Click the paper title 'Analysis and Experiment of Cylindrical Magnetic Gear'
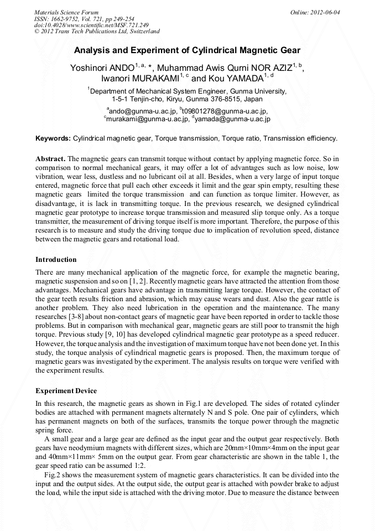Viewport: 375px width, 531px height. point(187,50)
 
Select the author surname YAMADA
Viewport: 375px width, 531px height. point(243,79)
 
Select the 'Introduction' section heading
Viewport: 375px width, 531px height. point(56,259)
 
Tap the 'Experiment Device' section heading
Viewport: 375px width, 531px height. point(66,391)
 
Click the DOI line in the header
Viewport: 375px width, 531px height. point(91,25)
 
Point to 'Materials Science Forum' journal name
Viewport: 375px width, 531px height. point(66,12)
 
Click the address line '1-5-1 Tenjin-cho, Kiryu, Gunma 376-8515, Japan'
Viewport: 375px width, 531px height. point(187,99)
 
